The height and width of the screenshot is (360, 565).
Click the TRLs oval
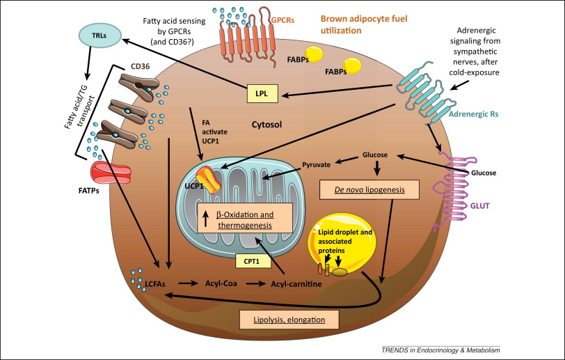click(100, 36)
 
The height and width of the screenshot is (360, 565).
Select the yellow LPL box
click(262, 94)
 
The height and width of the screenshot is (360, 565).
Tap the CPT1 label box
click(253, 261)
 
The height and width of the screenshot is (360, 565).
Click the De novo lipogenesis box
click(369, 189)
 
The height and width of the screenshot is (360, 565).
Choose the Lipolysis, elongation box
click(289, 320)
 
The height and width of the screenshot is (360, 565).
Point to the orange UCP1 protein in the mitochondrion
click(209, 179)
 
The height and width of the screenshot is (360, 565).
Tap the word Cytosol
click(266, 125)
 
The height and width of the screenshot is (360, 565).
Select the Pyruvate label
click(316, 165)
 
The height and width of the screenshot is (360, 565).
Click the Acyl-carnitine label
click(296, 284)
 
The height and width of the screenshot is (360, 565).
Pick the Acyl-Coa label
click(221, 283)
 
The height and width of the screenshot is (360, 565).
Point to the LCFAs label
click(155, 284)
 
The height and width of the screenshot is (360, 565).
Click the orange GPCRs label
click(282, 20)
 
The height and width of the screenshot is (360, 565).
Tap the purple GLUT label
click(480, 206)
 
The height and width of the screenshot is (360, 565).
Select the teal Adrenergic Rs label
click(473, 114)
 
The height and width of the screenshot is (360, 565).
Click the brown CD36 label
click(140, 66)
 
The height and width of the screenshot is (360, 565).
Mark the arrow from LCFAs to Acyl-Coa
click(188, 283)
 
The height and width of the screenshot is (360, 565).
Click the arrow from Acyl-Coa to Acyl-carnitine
click(255, 283)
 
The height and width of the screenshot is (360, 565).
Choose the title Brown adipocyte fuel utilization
click(364, 24)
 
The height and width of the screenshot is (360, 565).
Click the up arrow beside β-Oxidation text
click(206, 219)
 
